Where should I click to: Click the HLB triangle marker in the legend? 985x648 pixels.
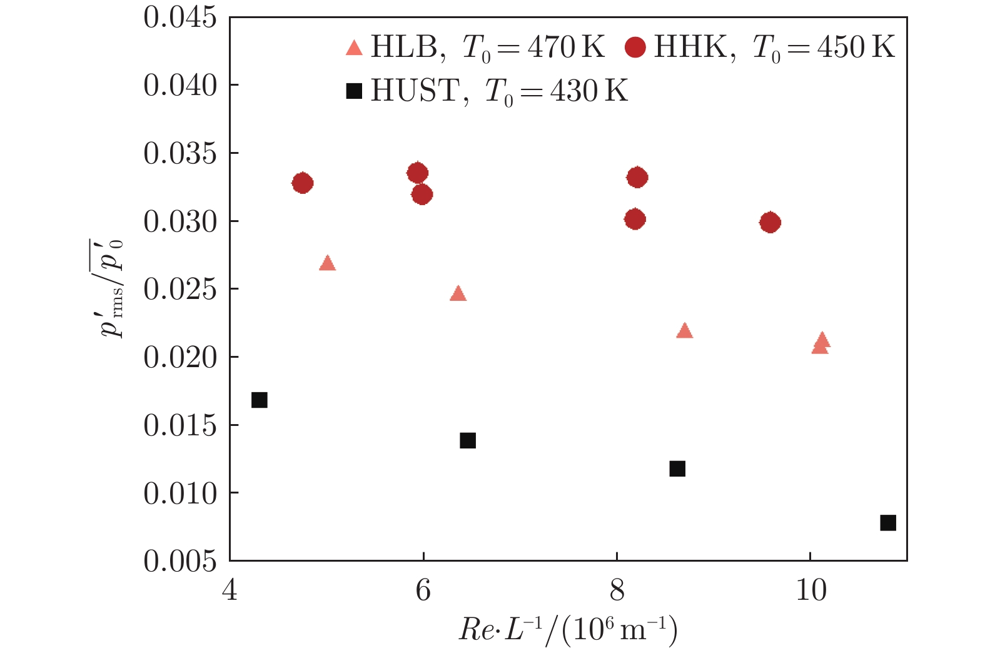354,48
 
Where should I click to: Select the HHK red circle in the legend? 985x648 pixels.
635,48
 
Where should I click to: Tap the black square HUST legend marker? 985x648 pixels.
354,92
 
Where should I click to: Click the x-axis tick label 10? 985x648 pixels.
811,590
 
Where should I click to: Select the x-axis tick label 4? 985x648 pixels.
230,590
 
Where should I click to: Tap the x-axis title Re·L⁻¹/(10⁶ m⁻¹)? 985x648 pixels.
568,630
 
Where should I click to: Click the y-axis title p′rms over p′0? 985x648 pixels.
113,288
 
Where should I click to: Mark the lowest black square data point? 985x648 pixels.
888,523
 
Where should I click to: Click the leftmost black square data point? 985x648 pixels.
260,400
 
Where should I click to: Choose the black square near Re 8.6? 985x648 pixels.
677,468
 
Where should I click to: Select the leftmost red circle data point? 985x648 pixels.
302,183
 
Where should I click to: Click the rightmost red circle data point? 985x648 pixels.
770,222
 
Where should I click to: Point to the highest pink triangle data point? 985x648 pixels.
327,263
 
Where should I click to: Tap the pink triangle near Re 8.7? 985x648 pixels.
685,331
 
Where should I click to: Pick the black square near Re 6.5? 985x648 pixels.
468,440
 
